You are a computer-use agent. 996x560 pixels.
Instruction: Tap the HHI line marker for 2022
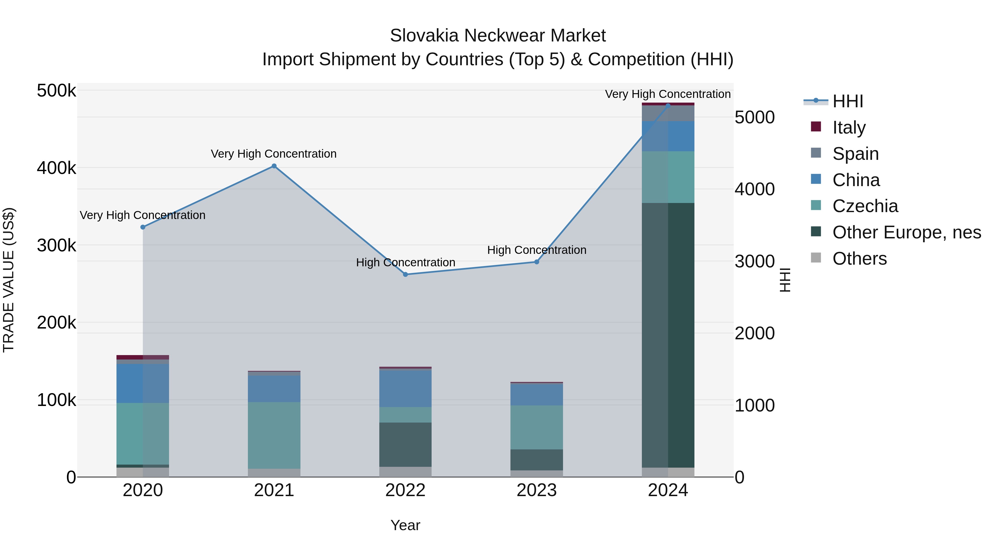coord(405,274)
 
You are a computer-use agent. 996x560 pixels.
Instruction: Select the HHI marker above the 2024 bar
coord(668,106)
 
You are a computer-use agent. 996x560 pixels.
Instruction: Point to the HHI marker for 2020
coord(143,227)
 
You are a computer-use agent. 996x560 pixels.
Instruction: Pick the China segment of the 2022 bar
coord(405,389)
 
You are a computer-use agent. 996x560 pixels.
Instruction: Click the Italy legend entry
coord(849,127)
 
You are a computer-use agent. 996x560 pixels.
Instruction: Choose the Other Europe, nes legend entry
coord(906,233)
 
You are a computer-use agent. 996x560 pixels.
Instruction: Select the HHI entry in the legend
coord(847,101)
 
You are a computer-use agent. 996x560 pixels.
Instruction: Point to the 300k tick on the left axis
coord(56,245)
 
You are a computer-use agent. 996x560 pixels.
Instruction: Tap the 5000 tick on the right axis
coord(754,118)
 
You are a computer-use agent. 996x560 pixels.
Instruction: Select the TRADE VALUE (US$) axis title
coord(9,280)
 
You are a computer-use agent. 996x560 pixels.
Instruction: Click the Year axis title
coord(405,525)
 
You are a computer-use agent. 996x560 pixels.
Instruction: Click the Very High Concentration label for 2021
coord(273,154)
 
